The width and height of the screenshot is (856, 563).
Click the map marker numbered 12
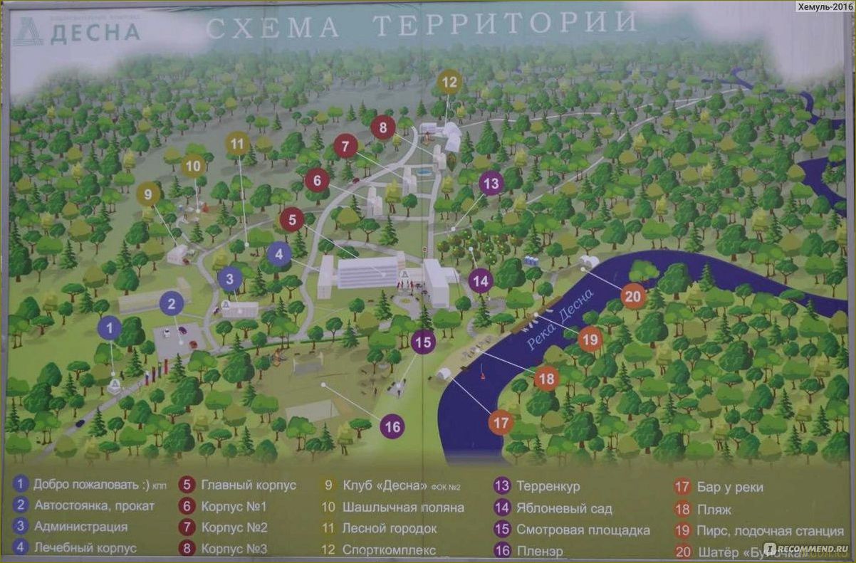coord(449,83)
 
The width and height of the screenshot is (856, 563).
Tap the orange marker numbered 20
coord(633,295)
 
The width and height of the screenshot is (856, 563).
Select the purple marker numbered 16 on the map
coord(392,426)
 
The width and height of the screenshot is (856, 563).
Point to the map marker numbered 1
coord(109,328)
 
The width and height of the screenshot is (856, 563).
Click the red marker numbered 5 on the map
coord(292,220)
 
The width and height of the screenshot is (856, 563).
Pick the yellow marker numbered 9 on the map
coord(148,194)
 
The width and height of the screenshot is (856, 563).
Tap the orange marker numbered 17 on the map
coord(501,422)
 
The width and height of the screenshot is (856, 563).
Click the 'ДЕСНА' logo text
coord(95,32)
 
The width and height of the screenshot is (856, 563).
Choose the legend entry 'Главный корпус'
coord(248,486)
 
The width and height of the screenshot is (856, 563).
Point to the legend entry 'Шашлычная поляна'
coord(402,507)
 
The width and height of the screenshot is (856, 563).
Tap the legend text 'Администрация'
coord(80,527)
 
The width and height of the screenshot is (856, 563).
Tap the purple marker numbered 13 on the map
coord(491,183)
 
